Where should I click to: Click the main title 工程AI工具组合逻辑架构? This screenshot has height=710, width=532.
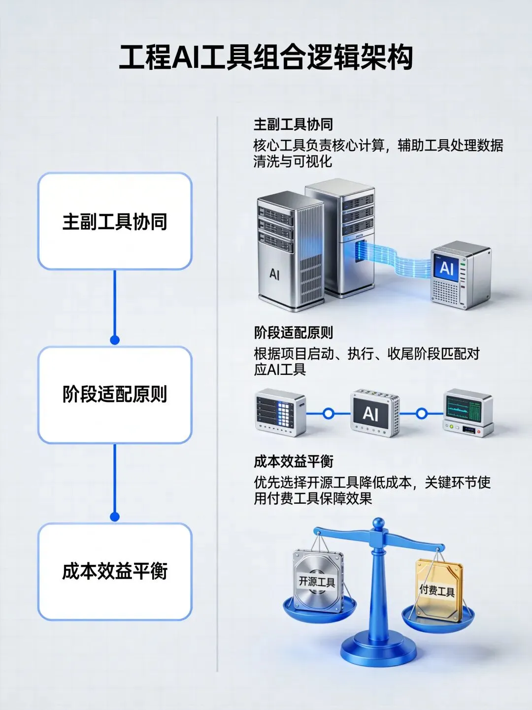pyautogui.click(x=266, y=58)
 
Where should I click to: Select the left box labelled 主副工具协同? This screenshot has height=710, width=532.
pyautogui.click(x=115, y=221)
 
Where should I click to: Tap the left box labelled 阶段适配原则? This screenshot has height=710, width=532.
pyautogui.click(x=115, y=395)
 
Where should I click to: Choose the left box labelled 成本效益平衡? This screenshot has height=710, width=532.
pyautogui.click(x=115, y=571)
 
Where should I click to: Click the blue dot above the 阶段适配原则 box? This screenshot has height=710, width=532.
pyautogui.click(x=115, y=340)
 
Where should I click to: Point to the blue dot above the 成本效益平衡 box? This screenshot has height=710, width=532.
pyautogui.click(x=115, y=517)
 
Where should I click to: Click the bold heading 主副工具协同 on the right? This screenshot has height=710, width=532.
pyautogui.click(x=294, y=124)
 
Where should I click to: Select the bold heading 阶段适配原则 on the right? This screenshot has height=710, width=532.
pyautogui.click(x=294, y=333)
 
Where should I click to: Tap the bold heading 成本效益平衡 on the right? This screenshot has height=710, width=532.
pyautogui.click(x=294, y=462)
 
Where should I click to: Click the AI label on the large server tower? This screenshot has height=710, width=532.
pyautogui.click(x=274, y=274)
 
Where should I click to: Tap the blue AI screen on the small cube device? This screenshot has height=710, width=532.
pyautogui.click(x=446, y=268)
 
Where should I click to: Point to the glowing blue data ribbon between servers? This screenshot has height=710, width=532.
pyautogui.click(x=394, y=261)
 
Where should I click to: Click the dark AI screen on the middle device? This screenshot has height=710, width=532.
pyautogui.click(x=370, y=413)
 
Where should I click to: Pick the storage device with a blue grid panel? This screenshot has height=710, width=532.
pyautogui.click(x=280, y=412)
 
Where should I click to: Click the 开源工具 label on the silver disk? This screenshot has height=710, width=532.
pyautogui.click(x=317, y=582)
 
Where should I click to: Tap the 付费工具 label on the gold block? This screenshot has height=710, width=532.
pyautogui.click(x=437, y=589)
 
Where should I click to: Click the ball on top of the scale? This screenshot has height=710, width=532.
pyautogui.click(x=378, y=524)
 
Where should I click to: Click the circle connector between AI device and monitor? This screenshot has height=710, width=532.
pyautogui.click(x=422, y=413)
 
